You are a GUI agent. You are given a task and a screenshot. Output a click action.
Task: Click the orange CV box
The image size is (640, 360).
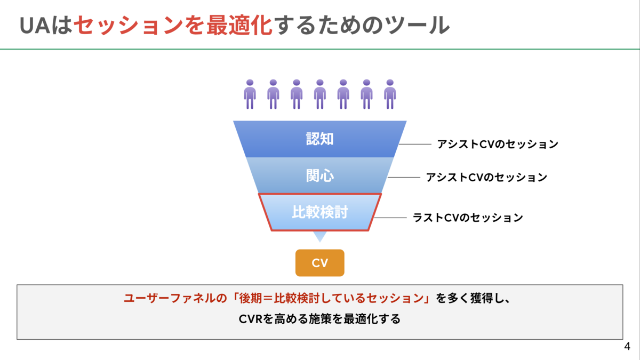[319, 263]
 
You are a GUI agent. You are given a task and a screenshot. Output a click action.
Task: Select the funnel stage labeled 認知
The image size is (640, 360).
[319, 139]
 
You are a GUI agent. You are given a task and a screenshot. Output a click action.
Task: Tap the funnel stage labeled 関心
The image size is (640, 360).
[319, 175]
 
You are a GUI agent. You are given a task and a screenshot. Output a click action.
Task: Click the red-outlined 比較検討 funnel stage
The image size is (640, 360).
[319, 212]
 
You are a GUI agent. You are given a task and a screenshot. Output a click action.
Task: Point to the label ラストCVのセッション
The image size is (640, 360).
[468, 218]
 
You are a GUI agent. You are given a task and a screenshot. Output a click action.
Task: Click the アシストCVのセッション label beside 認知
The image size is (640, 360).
[498, 144]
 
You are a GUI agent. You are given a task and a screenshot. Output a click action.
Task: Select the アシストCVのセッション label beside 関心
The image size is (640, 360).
[486, 178]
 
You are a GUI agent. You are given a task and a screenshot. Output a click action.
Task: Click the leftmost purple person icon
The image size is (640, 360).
[250, 94]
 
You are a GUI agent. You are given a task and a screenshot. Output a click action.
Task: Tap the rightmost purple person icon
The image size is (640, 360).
[390, 94]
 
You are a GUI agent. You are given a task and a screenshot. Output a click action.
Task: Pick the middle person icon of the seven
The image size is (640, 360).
[319, 94]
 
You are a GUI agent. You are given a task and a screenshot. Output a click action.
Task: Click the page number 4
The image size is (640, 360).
[627, 346]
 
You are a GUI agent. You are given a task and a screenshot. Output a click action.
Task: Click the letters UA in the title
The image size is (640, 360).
[35, 26]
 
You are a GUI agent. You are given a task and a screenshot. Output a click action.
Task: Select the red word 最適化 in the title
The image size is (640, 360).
[239, 26]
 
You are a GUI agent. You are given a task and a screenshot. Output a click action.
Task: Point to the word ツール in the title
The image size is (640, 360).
[417, 26]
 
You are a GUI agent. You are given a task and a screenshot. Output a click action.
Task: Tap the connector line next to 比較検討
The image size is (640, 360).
[390, 218]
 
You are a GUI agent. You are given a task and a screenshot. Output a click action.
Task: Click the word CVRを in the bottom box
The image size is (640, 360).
[257, 319]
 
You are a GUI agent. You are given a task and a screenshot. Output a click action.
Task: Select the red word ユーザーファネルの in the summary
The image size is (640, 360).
[175, 298]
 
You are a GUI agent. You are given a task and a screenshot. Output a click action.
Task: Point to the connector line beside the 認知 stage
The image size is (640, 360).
[415, 144]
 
